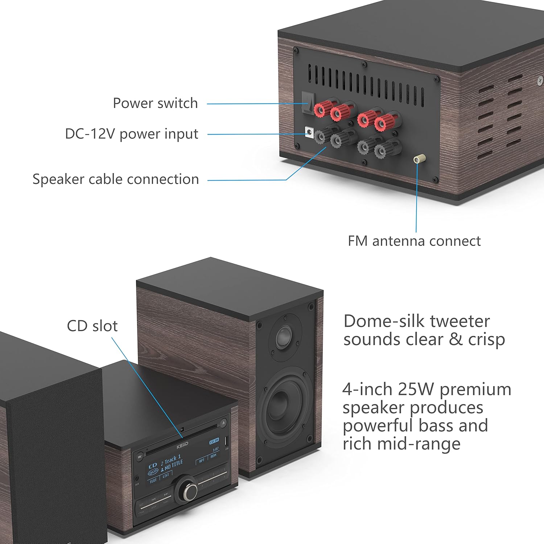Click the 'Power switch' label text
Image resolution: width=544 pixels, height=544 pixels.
coord(155,103)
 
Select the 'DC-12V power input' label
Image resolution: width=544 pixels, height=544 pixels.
coord(131,134)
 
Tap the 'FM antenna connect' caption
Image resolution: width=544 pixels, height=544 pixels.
coord(414,241)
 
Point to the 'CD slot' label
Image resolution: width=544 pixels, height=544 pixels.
coord(92,326)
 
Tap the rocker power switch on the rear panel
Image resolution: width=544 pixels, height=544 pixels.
coord(308,103)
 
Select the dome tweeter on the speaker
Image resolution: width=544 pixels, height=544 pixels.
coord(284,337)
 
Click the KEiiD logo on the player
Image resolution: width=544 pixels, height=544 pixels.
coord(182,445)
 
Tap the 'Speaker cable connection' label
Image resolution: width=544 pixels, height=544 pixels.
coord(116,179)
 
